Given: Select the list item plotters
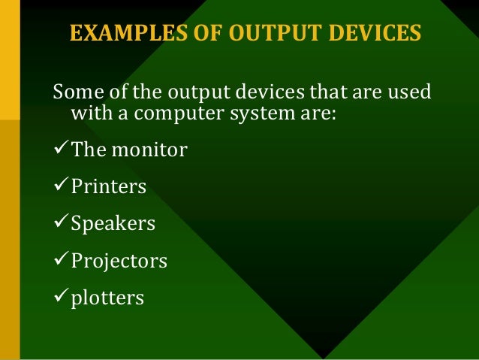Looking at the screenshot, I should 107,298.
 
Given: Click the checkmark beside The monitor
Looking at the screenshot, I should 60,150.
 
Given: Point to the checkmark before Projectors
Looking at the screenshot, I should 60,261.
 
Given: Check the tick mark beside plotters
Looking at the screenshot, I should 60,298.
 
